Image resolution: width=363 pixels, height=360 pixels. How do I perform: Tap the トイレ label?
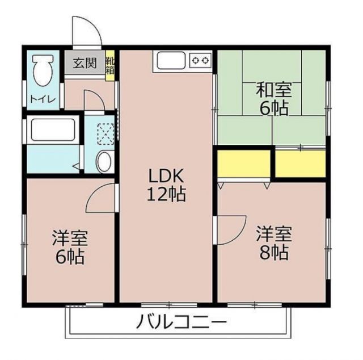pyautogui.click(x=43, y=99)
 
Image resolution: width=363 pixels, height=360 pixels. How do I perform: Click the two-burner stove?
pyautogui.click(x=200, y=59)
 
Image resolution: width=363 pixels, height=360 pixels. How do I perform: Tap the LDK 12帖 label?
pyautogui.click(x=166, y=185)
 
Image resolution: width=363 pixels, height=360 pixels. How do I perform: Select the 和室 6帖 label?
pyautogui.click(x=272, y=98)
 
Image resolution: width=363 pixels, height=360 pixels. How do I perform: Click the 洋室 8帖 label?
pyautogui.click(x=273, y=242)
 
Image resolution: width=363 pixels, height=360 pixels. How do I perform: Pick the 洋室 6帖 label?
pyautogui.click(x=70, y=248)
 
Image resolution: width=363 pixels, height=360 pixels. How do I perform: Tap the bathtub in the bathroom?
pyautogui.click(x=53, y=130)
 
